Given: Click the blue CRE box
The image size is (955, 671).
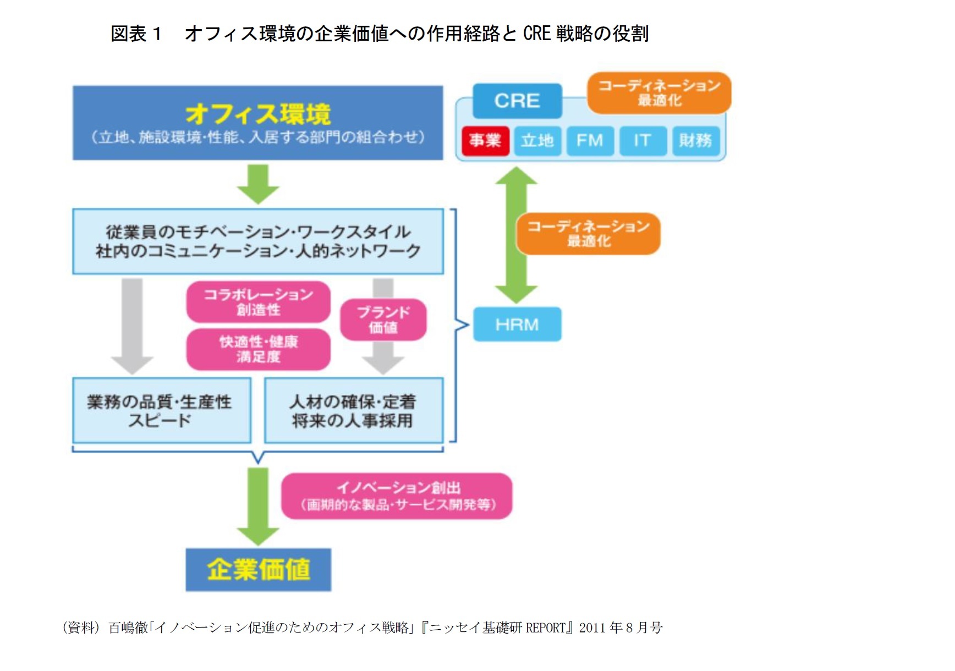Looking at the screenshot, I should click(517, 101).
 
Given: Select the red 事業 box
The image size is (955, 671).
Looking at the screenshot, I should click(485, 141).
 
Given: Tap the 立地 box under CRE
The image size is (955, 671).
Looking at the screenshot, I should click(537, 141).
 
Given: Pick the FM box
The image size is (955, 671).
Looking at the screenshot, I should click(590, 141).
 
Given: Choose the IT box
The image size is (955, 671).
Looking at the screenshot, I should click(642, 141).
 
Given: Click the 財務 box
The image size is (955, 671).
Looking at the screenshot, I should click(695, 141).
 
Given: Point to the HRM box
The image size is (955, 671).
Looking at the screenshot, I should click(517, 324).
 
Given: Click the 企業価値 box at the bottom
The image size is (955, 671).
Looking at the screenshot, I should click(258, 570).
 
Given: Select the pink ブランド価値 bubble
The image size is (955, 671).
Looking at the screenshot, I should click(383, 320).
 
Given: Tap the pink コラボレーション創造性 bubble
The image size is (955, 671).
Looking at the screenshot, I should click(258, 302).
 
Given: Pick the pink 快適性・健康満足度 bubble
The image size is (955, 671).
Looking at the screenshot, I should click(258, 349).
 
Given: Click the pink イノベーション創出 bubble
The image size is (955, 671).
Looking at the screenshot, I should click(397, 496).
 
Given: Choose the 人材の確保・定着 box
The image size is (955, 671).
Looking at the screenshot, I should click(354, 410).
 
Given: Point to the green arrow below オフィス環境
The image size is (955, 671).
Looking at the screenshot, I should click(258, 184).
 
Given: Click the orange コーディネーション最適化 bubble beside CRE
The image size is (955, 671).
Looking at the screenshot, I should click(659, 93).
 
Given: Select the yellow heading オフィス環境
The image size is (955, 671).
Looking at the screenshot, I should click(258, 114).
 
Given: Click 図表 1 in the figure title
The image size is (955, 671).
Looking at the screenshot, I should click(136, 34).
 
